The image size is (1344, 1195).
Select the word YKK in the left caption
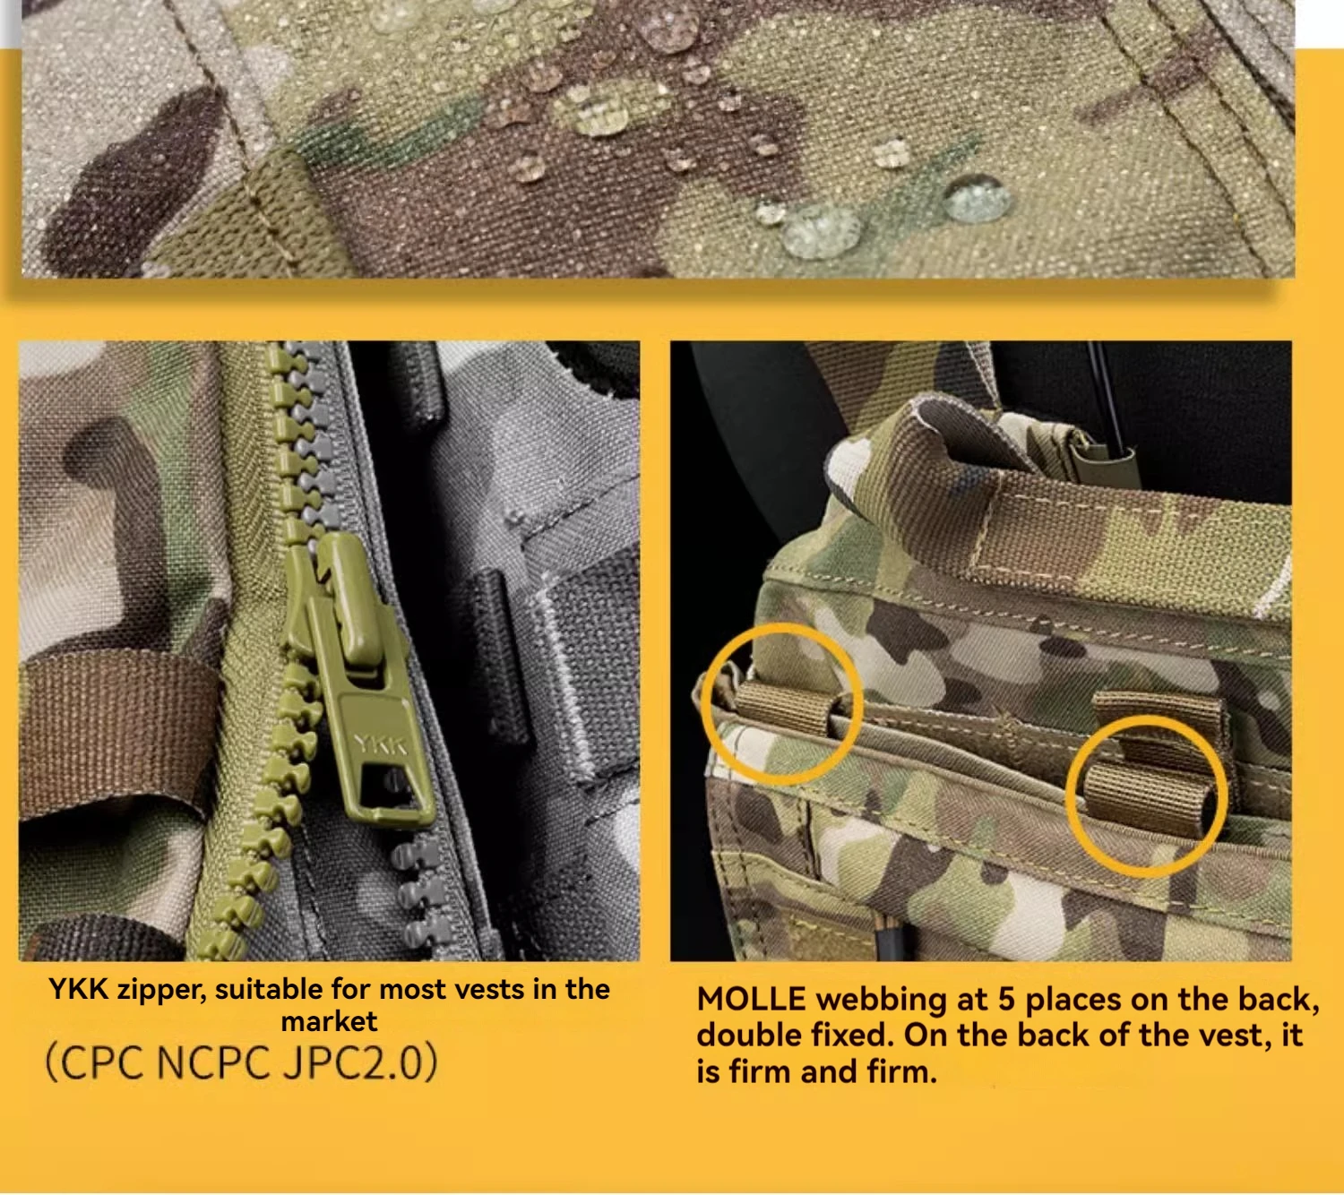point(78,990)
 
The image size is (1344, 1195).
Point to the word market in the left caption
point(329,1021)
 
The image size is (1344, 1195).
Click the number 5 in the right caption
point(1005,1000)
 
